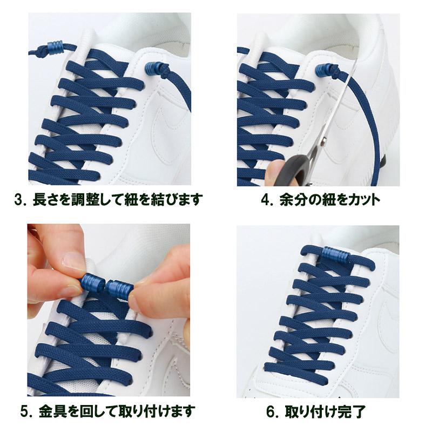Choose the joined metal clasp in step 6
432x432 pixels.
(335, 254)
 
